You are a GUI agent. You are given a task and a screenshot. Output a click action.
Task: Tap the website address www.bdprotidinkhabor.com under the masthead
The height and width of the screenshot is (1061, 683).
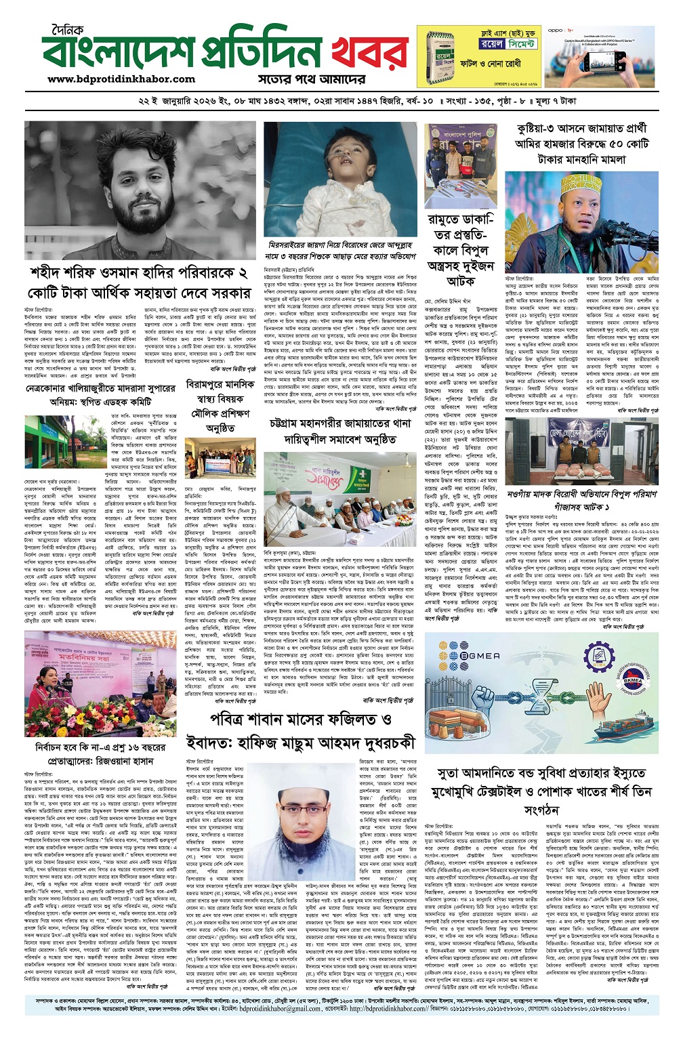(122, 79)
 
